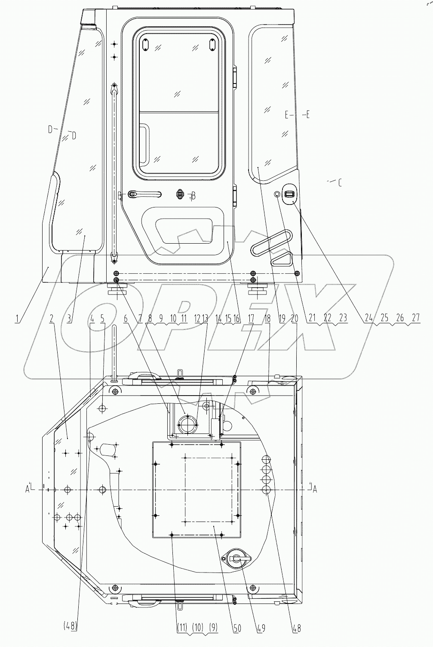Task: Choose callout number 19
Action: [x=282, y=319]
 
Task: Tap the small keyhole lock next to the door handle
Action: [x=180, y=195]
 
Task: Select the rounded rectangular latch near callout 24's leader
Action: [x=289, y=195]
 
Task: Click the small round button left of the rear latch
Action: [x=278, y=195]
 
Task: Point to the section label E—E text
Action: [x=297, y=115]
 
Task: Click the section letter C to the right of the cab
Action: [x=340, y=183]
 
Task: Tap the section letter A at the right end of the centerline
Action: [x=315, y=489]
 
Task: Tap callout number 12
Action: [x=197, y=319]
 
